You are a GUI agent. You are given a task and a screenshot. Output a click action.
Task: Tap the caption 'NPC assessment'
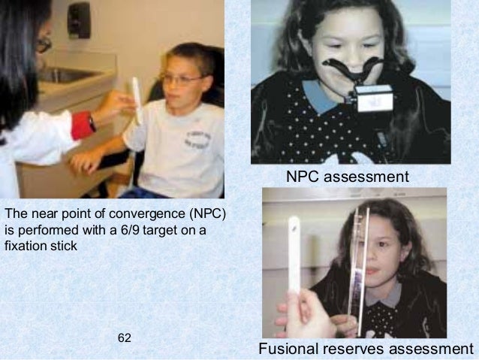pos(347,177)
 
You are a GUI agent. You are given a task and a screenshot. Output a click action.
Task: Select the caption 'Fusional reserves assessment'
pos(366,349)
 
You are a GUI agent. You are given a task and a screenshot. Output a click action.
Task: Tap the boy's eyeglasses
pos(181,78)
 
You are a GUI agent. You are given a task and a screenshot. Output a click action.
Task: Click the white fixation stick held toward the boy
pos(137,100)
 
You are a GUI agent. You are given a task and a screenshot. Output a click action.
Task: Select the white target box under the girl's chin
pos(372,100)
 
